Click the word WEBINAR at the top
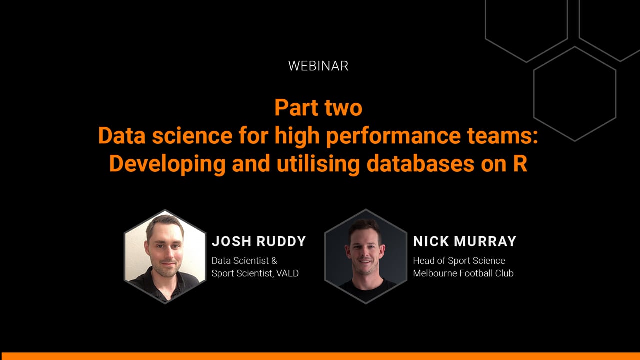pos(318,66)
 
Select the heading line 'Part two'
pos(318,107)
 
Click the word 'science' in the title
pos(192,135)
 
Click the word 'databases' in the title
pos(420,163)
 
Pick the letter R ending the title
pos(520,164)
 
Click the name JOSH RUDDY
pos(259,241)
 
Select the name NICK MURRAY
pos(465,241)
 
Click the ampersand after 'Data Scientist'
pos(274,261)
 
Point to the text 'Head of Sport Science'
pos(459,261)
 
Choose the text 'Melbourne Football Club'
pos(463,273)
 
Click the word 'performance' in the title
pos(393,136)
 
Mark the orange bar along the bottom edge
pos(320,356)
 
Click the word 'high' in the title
pos(297,136)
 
